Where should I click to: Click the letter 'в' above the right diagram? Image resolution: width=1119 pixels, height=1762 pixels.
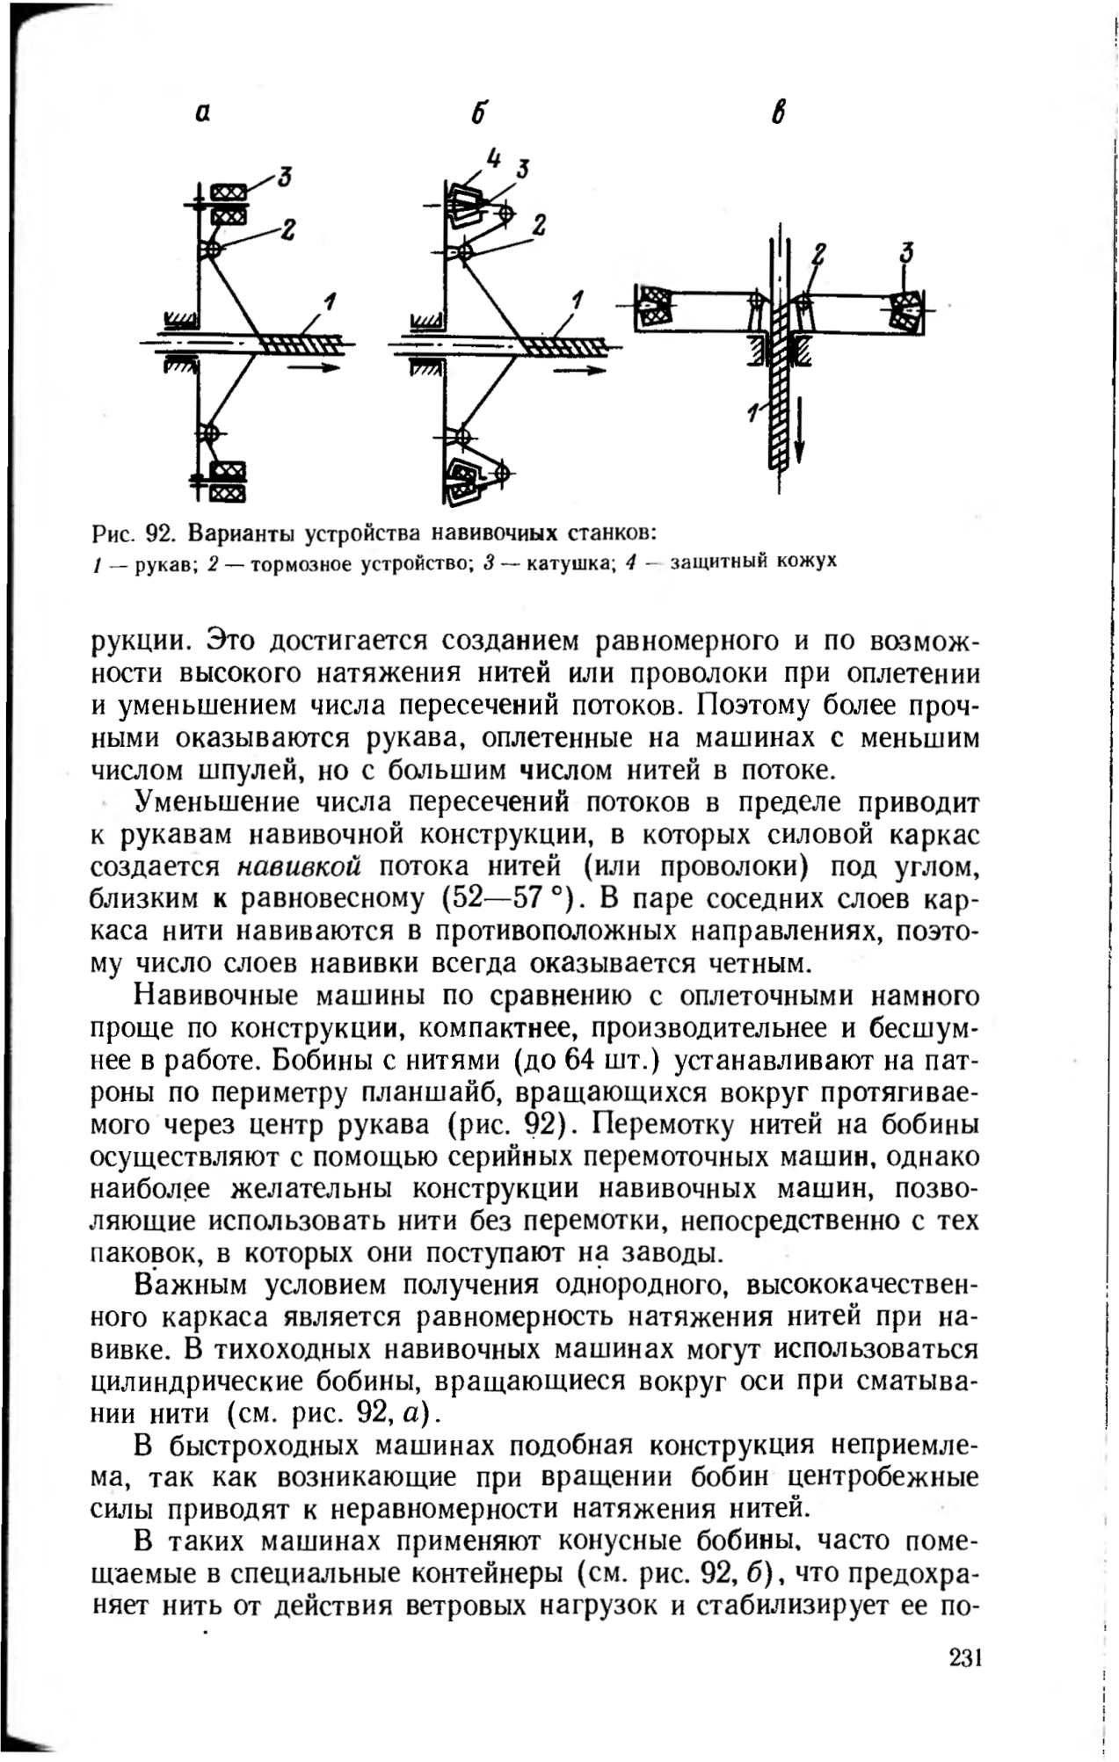pyautogui.click(x=778, y=114)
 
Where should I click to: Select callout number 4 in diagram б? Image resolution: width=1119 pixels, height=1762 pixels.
pyautogui.click(x=493, y=159)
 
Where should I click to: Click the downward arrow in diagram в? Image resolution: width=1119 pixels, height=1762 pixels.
pyautogui.click(x=799, y=431)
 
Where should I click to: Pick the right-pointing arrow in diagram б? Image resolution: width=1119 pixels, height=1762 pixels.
pyautogui.click(x=580, y=371)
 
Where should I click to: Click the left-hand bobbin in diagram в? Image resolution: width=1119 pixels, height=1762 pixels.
pyautogui.click(x=654, y=307)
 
